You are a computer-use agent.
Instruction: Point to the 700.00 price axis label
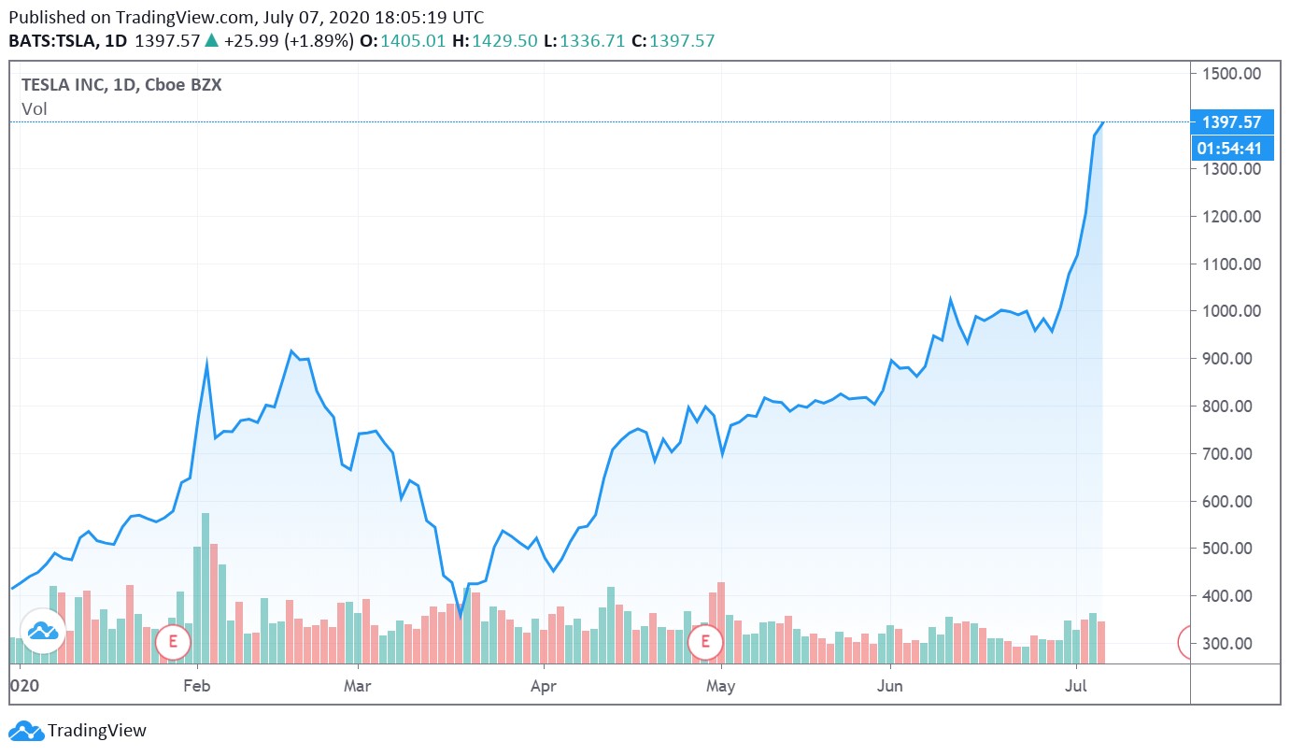tap(1231, 453)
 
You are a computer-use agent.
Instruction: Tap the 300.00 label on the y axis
tap(1231, 643)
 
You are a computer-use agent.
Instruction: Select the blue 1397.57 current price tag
tap(1232, 121)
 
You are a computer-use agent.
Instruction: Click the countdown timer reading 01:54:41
tap(1232, 148)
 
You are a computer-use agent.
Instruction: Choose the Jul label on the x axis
tap(1077, 686)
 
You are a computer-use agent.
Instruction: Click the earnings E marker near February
tap(173, 641)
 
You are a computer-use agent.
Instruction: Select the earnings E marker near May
tap(705, 641)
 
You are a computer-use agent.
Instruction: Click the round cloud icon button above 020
tap(43, 632)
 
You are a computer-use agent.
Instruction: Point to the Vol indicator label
tap(35, 108)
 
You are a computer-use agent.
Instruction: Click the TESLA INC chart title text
tap(121, 84)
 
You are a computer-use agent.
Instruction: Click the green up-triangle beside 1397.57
tap(211, 40)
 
